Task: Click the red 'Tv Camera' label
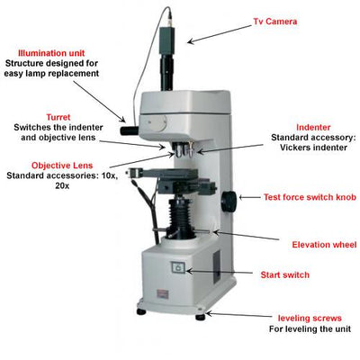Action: coord(275,22)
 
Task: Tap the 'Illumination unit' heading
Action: coord(51,53)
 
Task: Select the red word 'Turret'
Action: coord(58,117)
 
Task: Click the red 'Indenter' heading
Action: coord(313,128)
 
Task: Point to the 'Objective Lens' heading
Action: coord(62,166)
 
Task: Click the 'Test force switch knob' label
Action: coord(310,197)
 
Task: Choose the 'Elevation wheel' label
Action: coord(324,245)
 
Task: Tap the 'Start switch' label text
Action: coord(284,274)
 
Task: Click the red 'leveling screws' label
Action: coord(310,319)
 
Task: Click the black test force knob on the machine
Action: coord(229,201)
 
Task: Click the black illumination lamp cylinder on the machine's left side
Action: coord(130,130)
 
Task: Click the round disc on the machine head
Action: coord(157,122)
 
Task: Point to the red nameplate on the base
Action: coord(163,293)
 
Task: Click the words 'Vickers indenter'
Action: coord(313,148)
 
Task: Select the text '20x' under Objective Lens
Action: coord(62,185)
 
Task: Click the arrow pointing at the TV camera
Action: coord(219,34)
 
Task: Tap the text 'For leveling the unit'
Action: coord(310,328)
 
